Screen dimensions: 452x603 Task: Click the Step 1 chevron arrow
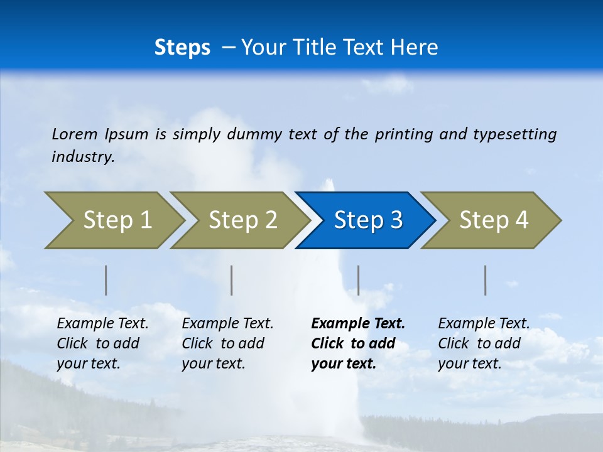pos(116,220)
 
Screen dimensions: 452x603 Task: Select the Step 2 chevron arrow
pos(242,220)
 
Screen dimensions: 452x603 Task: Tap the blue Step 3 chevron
pos(367,220)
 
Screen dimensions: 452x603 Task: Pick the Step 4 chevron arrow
pos(493,220)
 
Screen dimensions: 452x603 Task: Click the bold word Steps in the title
pos(182,47)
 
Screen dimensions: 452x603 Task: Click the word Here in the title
pos(414,47)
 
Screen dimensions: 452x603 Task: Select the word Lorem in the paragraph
pos(75,134)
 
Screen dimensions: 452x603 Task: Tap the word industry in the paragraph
pos(83,156)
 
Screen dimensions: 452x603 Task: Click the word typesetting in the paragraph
pos(514,134)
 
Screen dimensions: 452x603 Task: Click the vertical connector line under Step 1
pos(106,280)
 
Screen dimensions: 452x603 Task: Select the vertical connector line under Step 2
pos(232,280)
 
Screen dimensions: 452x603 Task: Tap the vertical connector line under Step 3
pos(358,280)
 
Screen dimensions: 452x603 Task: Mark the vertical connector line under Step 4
pos(485,280)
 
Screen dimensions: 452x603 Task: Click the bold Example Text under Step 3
pos(358,323)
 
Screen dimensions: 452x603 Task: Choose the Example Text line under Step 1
pos(102,323)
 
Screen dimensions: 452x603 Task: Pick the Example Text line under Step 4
pos(484,323)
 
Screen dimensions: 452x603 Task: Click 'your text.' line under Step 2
pos(213,363)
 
